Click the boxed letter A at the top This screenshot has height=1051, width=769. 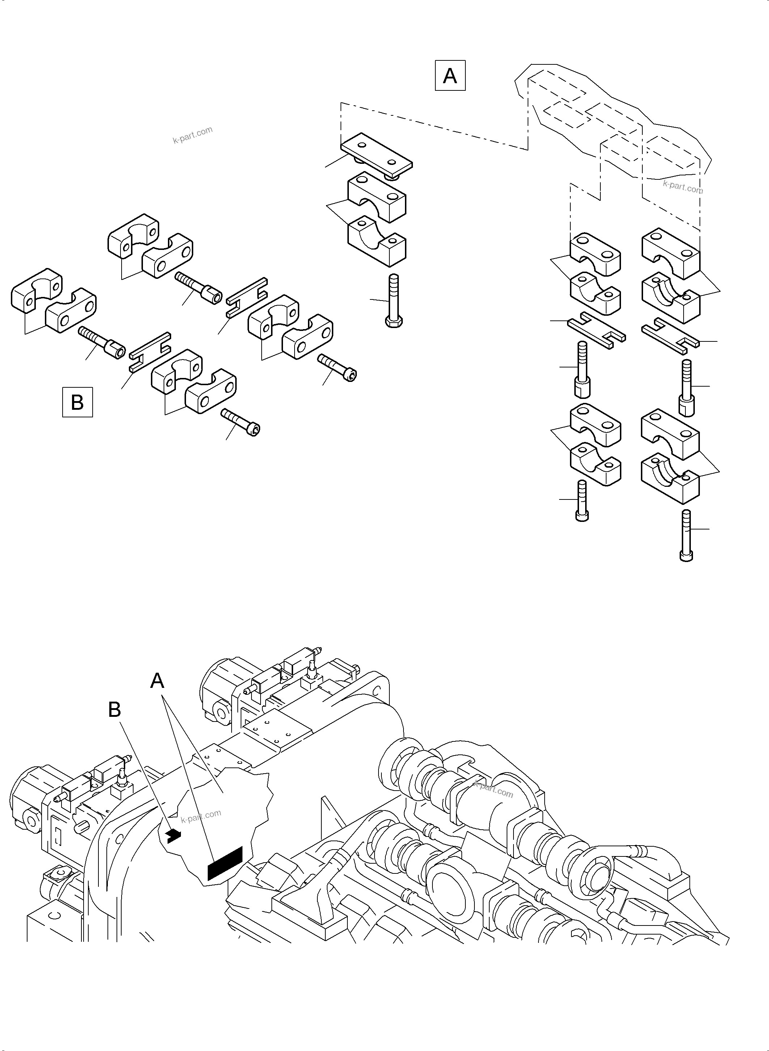[x=450, y=75]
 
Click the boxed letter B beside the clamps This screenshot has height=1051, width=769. [x=77, y=402]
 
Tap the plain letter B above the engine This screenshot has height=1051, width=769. [x=114, y=710]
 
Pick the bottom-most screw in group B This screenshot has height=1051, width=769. [x=241, y=422]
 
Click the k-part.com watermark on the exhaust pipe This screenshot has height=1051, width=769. [x=493, y=790]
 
